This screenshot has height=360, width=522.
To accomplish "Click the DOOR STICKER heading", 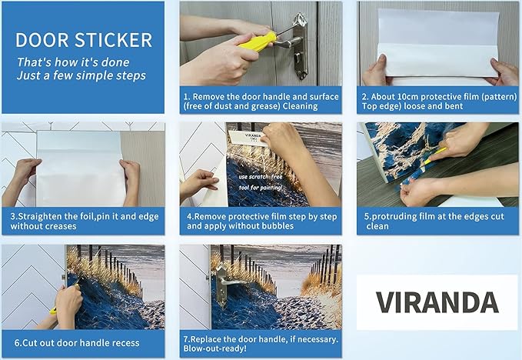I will (83, 40).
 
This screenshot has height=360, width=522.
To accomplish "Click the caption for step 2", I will (437, 101).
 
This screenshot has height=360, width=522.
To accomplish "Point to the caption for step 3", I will (84, 221).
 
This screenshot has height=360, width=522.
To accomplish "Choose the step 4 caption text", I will (261, 222).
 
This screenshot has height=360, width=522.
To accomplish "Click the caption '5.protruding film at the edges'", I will (437, 222).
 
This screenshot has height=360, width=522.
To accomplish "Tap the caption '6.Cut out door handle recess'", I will (84, 342).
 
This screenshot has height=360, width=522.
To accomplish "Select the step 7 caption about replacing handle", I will (261, 342).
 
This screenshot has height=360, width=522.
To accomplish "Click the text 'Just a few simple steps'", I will (81, 75).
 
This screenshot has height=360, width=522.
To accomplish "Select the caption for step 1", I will (261, 101).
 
